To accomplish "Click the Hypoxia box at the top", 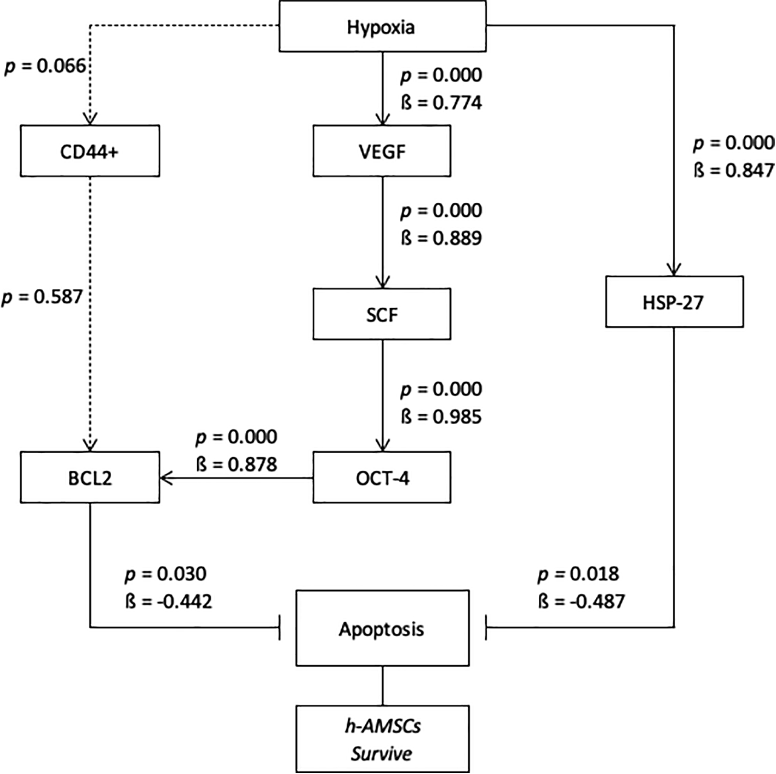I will (382, 27).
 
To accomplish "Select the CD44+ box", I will (90, 151).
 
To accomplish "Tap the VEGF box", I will (382, 151).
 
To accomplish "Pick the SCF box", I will (382, 314).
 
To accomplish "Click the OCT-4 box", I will (382, 478).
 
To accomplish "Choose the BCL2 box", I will (90, 478).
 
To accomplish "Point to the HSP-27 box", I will (674, 302).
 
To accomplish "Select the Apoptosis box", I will (382, 628).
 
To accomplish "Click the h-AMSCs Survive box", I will (382, 740).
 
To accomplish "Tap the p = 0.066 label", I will (45, 66).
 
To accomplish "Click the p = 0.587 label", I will (42, 297).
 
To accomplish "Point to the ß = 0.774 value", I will (441, 103).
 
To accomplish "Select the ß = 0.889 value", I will (441, 238).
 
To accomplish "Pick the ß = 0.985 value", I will (441, 417).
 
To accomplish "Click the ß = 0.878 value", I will (237, 465).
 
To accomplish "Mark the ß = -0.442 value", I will (168, 602).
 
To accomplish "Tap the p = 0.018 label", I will (578, 574).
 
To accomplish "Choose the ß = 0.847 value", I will (734, 171).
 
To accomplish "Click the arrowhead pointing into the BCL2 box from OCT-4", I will (165, 478).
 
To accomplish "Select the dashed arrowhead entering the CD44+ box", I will (90, 119).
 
